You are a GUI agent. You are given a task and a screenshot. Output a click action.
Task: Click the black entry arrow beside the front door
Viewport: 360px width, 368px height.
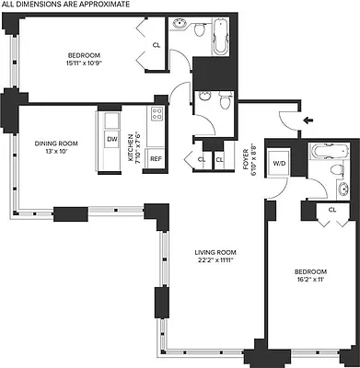(x=308, y=120)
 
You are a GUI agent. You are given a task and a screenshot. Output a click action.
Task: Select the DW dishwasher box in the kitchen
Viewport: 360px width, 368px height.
(x=111, y=139)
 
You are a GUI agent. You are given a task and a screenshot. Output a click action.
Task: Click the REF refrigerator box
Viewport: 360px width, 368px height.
(x=156, y=158)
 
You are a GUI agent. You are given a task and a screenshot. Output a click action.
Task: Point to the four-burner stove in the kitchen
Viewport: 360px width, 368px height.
(x=157, y=115)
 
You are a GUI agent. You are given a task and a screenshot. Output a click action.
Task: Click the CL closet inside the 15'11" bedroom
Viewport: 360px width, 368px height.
(x=156, y=44)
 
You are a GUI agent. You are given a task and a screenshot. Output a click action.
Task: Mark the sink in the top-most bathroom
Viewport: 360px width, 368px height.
(x=197, y=28)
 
